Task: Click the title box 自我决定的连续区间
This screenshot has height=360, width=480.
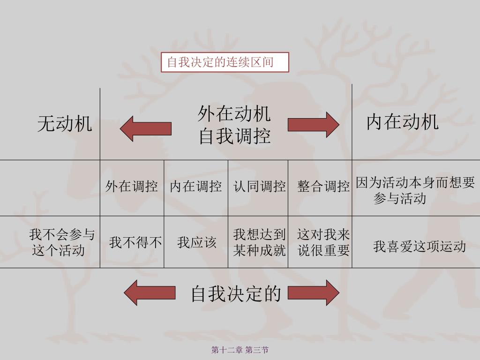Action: (x=225, y=62)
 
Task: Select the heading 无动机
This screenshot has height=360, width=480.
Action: (x=65, y=124)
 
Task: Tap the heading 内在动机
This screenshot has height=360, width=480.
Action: (x=402, y=122)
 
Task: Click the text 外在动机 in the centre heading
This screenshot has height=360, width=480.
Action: (x=234, y=114)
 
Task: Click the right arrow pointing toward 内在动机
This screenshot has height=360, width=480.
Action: (x=313, y=125)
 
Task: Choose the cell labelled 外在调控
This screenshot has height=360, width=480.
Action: (x=131, y=187)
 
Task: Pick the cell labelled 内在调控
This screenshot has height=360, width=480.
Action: (x=195, y=187)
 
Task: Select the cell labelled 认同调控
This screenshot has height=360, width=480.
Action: (x=259, y=187)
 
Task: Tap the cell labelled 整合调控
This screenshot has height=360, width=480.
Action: (x=323, y=187)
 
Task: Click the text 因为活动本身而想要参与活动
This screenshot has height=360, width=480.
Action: (x=415, y=190)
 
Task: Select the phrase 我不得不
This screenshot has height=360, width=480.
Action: (x=135, y=242)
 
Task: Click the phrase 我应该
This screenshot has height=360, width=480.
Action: (x=196, y=242)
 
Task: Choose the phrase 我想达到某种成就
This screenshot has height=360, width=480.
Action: (x=259, y=242)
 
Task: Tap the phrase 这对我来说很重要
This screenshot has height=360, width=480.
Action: (x=323, y=242)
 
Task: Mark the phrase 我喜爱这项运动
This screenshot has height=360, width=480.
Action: (x=419, y=246)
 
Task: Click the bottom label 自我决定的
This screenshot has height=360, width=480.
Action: (x=236, y=293)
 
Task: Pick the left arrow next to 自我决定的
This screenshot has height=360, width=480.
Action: (x=149, y=292)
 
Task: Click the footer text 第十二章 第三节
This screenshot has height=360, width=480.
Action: (x=240, y=350)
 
